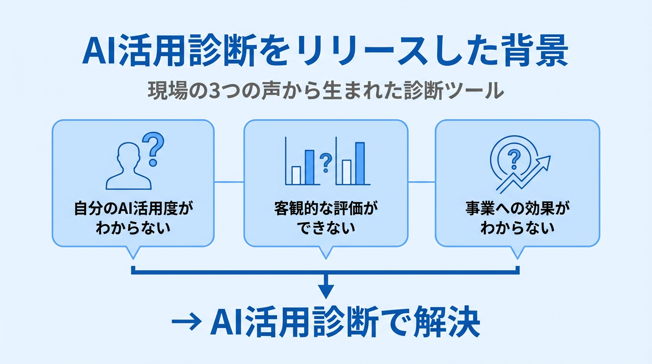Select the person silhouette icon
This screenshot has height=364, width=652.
[x=128, y=169]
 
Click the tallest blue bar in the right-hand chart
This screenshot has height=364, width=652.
[x=360, y=163]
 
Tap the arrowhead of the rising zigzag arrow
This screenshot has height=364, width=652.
[x=545, y=162]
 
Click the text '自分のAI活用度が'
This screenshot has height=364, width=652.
[x=134, y=209]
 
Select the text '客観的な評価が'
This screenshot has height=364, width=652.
[x=326, y=209]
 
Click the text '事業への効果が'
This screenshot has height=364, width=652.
[x=517, y=209]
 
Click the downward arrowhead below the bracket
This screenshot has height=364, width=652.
[x=326, y=290]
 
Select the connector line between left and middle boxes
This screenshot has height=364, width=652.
[x=229, y=182]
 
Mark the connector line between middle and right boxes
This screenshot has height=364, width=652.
[x=421, y=182]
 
